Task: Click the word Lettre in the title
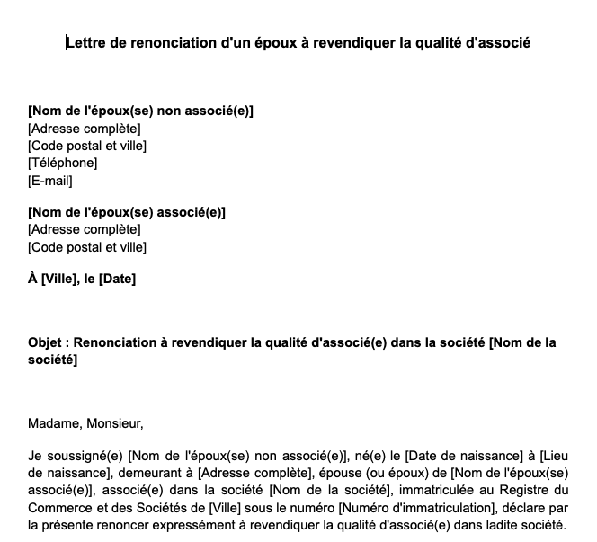pyautogui.click(x=86, y=42)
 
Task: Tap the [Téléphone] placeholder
pyautogui.click(x=62, y=163)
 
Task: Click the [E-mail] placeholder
pyautogui.click(x=50, y=180)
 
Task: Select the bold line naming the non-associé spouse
pyautogui.click(x=140, y=111)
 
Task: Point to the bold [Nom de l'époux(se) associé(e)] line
pyautogui.click(x=127, y=212)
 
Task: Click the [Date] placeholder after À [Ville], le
pyautogui.click(x=117, y=280)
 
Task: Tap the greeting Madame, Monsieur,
pyautogui.click(x=85, y=423)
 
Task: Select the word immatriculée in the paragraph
pyautogui.click(x=432, y=491)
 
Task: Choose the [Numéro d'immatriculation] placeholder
pyautogui.click(x=416, y=508)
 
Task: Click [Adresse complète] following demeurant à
pyautogui.click(x=253, y=474)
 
